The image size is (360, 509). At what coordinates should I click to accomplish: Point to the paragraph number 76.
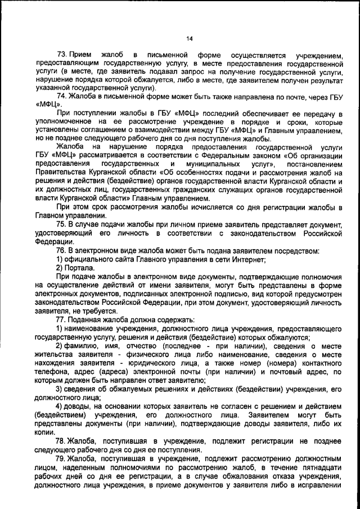[62, 250]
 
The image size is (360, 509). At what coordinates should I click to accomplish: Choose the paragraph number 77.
[62, 318]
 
